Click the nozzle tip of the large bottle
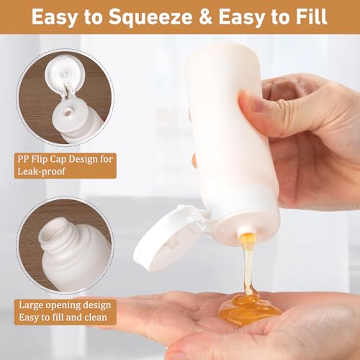(244, 233)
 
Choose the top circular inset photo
(66, 96)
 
